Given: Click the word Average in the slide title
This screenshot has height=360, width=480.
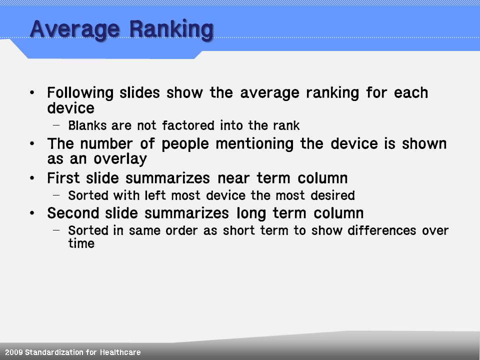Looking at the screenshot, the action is point(74,29).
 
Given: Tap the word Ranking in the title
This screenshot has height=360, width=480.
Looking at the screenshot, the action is point(171,29).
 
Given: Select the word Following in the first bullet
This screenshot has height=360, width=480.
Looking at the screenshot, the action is point(80,93).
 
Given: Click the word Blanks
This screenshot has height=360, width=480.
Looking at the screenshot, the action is point(87,125).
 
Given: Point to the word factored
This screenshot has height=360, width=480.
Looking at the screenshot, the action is point(188,125).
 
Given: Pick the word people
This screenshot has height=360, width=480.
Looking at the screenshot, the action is point(185,144).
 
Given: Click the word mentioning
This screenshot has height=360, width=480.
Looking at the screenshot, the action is point(254,144).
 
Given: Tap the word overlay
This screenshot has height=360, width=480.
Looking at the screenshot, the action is point(120,159).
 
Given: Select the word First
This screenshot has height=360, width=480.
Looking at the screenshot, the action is point(63,178).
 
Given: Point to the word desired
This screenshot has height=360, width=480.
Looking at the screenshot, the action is point(333,195).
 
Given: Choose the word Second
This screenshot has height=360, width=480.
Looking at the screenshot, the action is point(73,213).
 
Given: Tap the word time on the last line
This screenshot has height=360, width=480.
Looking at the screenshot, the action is point(81,243).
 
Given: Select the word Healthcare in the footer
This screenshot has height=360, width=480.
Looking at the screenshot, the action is point(120,352).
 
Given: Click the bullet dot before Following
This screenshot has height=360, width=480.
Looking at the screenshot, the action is point(32,92).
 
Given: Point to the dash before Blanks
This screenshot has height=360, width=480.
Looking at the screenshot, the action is point(56,125).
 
